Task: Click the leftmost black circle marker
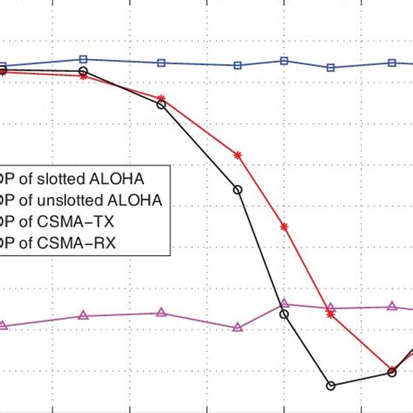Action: coord(3,71)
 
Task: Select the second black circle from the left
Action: coord(83,70)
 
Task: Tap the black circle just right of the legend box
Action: coord(238,188)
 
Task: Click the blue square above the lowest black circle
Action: coord(330,67)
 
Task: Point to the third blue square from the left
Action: coord(160,63)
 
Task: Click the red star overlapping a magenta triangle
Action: coord(330,315)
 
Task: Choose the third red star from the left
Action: coord(160,98)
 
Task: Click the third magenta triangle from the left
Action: coord(160,313)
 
